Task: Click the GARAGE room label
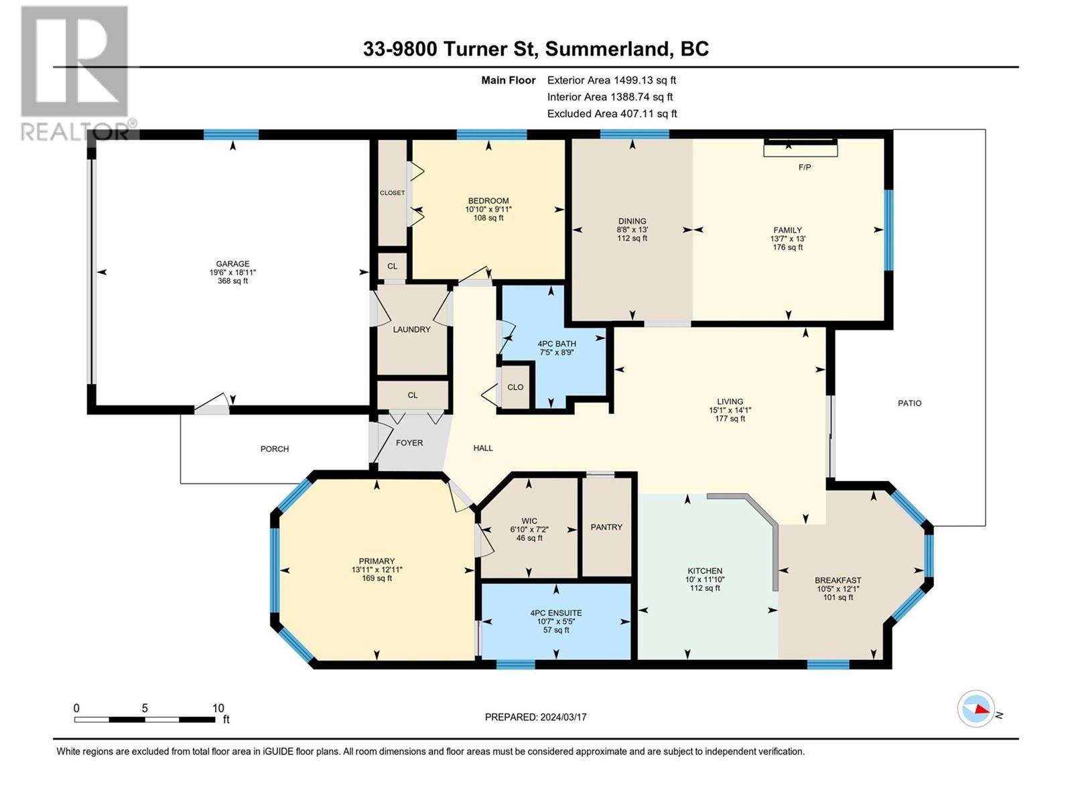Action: pos(233,263)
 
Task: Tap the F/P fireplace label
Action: pos(805,167)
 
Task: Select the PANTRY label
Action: pos(606,527)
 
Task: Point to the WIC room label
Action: pos(529,521)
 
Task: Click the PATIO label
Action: pos(909,403)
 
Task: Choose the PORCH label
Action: pos(275,449)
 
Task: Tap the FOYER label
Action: pos(409,443)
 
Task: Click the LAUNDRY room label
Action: pos(411,330)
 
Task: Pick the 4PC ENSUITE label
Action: pos(556,613)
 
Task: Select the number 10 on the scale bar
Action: pos(218,708)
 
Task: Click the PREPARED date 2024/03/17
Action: pos(563,717)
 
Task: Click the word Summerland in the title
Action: pos(606,49)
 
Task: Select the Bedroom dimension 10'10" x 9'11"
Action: pos(488,210)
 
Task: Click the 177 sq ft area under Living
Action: pos(730,418)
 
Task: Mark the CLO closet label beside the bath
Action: pos(515,387)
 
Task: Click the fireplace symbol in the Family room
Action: pos(801,148)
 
